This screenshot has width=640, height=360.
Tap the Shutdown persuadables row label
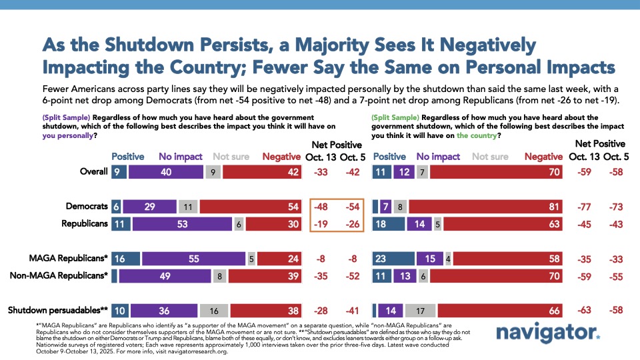57,310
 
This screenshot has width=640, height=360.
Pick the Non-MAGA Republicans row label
59,275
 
